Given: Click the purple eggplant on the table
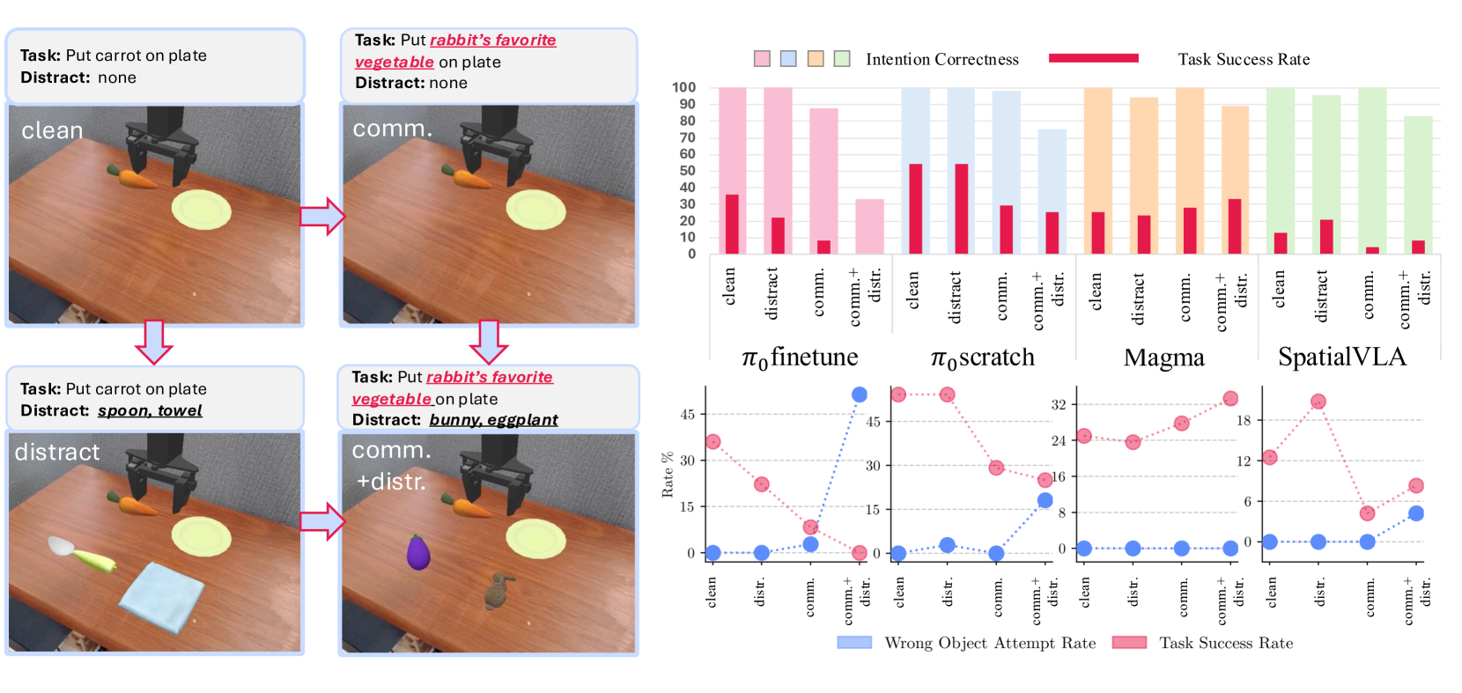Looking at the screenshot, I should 418,551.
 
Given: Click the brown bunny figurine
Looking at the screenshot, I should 499,589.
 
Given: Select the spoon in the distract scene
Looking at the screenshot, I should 63,546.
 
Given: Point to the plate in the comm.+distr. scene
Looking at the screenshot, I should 535,538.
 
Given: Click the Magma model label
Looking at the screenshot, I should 1163,358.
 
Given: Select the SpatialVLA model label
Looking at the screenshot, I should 1341,357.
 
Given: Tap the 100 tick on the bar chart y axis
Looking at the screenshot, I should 683,87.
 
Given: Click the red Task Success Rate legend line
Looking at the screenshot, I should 1093,58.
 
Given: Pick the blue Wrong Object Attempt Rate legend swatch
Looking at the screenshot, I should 853,643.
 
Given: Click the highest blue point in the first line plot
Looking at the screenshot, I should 859,394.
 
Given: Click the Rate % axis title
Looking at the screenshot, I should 668,475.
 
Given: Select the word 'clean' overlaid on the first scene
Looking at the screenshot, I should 52,130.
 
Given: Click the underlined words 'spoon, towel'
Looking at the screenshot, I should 150,410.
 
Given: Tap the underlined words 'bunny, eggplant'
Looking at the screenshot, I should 493,420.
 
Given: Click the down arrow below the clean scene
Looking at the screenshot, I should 154,343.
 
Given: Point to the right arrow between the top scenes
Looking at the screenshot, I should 321,216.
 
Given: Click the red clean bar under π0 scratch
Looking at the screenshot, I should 915,209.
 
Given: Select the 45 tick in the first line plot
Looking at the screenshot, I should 687,414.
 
